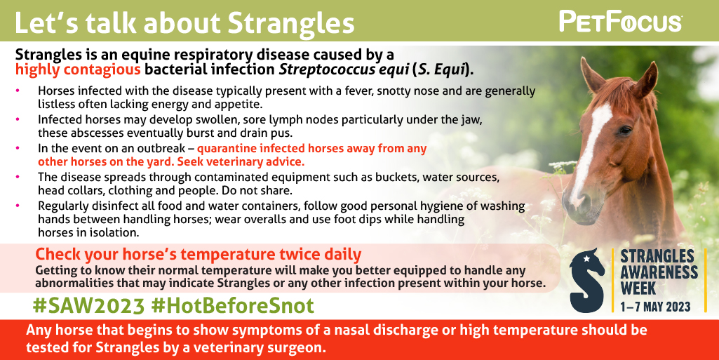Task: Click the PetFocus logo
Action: (x=620, y=22)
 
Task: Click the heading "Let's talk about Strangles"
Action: (x=184, y=23)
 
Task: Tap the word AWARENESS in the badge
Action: (x=659, y=272)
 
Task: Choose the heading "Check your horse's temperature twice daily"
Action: (x=199, y=254)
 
